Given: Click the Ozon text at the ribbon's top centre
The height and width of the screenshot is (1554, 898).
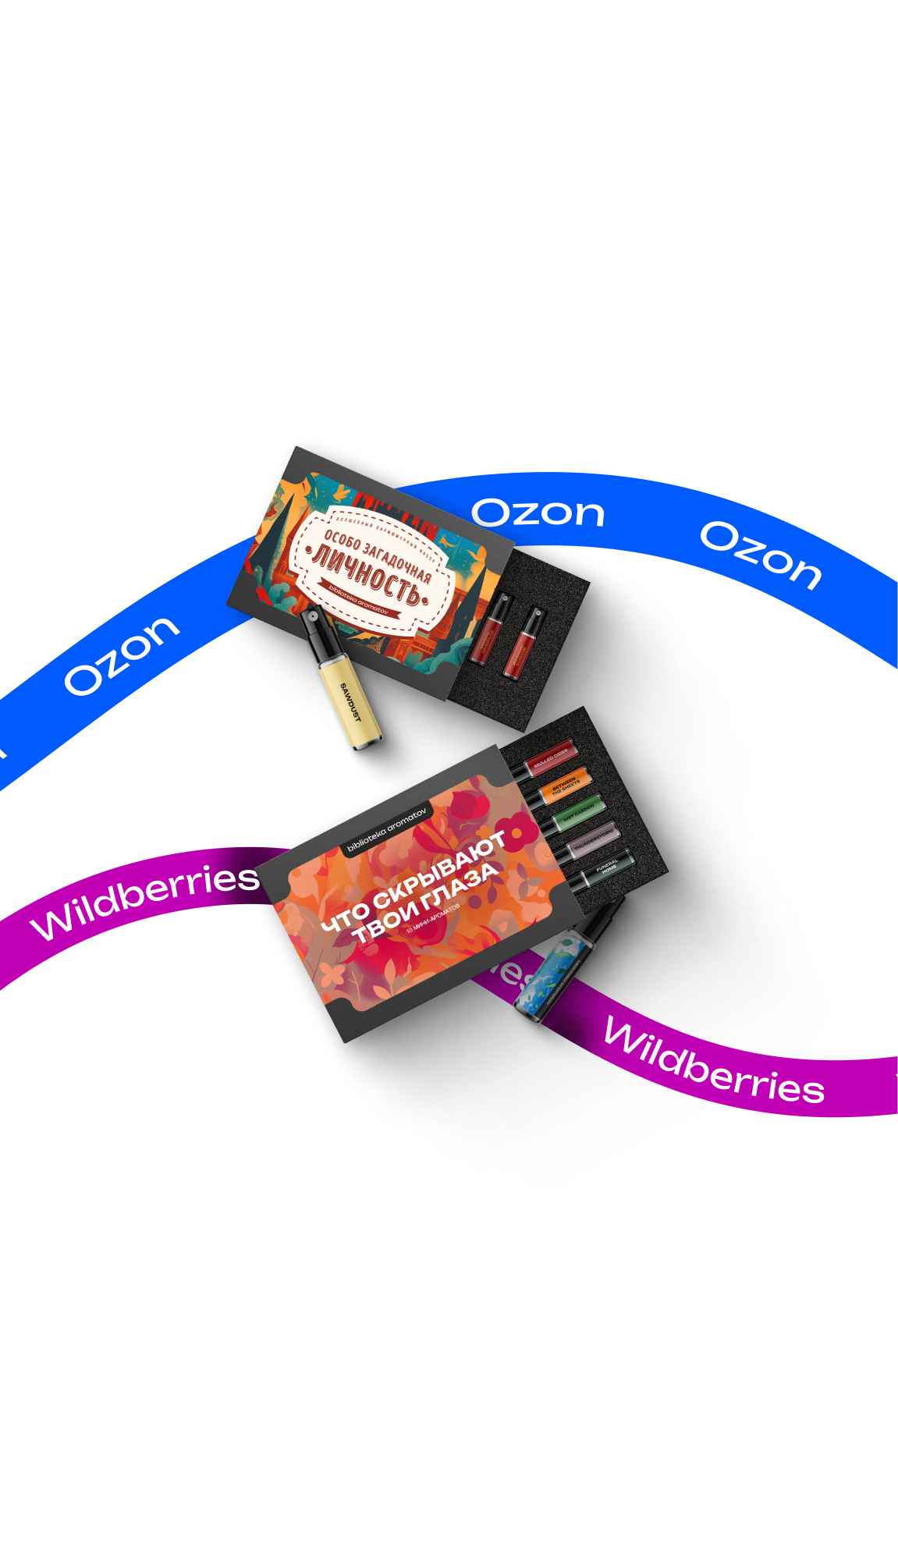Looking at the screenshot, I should point(538,513).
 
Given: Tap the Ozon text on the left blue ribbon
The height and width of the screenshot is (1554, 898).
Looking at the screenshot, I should point(122,655).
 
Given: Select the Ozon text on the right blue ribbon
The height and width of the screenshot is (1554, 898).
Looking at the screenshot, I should point(761,555).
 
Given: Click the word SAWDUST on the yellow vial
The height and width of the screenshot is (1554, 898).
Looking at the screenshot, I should point(351,702).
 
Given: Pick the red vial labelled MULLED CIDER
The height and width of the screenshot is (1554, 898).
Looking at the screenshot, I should point(551,757).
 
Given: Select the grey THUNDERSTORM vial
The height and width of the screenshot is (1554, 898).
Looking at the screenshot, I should point(594,839).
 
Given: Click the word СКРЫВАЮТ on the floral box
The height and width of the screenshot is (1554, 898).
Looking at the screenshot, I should point(440,872).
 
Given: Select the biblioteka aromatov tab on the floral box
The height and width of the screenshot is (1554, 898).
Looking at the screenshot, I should point(387,830).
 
